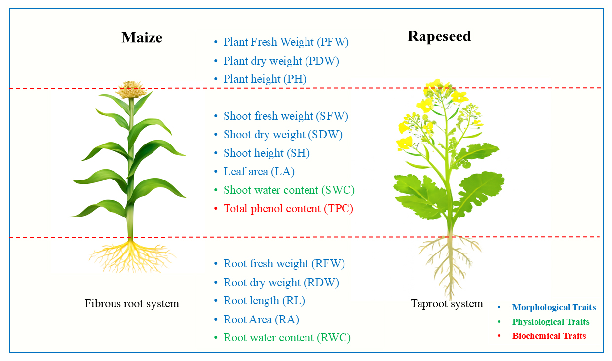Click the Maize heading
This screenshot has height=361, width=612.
(x=142, y=37)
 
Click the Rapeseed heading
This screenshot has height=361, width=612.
(x=439, y=36)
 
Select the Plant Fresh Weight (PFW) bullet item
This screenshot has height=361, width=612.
(x=286, y=42)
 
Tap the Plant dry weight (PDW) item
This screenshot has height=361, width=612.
(x=281, y=61)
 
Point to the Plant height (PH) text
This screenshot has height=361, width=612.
(x=265, y=79)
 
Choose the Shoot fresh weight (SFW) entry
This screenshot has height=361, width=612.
(x=286, y=116)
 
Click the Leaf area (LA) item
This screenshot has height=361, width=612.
(x=259, y=172)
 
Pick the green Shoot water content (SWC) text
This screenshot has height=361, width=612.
(x=289, y=190)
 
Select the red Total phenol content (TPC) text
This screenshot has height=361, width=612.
(x=288, y=209)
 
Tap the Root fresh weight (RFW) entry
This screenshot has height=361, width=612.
(x=284, y=264)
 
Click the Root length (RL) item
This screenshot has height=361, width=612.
(x=264, y=301)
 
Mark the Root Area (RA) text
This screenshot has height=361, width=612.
(x=261, y=320)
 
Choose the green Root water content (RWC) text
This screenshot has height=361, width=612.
(x=287, y=338)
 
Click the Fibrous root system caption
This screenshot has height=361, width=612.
(x=132, y=304)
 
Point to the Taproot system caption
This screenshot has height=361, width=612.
(x=447, y=304)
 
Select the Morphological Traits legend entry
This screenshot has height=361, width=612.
(x=554, y=308)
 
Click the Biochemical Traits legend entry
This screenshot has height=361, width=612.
(x=549, y=336)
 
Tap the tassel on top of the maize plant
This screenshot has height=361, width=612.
(x=131, y=90)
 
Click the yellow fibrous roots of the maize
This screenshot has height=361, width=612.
(x=131, y=254)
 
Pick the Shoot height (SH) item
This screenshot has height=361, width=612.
(x=267, y=153)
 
